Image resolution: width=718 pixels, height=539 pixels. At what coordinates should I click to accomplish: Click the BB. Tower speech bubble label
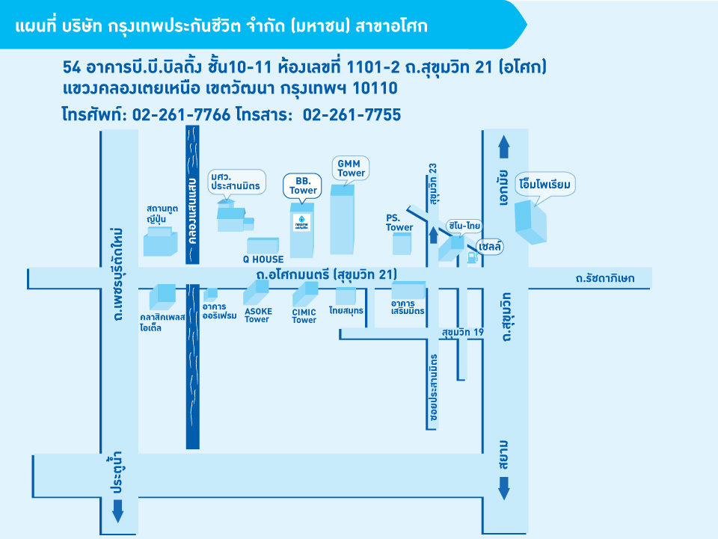click(302, 185)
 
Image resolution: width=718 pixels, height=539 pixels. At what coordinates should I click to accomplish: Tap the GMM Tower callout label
click(351, 168)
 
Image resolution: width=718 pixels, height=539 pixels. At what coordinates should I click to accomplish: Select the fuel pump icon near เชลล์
click(472, 258)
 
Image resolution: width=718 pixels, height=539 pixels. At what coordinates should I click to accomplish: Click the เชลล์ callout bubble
click(490, 247)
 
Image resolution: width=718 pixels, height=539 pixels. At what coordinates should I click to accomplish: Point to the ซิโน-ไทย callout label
click(464, 226)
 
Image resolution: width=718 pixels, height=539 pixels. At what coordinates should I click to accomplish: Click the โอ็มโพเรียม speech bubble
click(545, 185)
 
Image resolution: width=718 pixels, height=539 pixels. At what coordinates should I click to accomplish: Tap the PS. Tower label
click(399, 223)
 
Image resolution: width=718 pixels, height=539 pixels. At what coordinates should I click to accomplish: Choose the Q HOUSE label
click(263, 259)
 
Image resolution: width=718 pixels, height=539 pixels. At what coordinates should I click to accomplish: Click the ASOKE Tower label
click(258, 315)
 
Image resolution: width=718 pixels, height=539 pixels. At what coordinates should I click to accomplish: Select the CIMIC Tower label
click(304, 316)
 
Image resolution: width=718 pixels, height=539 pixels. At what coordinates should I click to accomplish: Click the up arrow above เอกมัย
click(503, 147)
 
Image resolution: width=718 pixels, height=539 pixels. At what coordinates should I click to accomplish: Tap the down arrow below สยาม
click(503, 488)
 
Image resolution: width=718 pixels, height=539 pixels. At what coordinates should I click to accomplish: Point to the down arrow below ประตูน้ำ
click(117, 511)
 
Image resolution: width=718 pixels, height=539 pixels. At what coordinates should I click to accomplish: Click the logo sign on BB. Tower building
click(301, 222)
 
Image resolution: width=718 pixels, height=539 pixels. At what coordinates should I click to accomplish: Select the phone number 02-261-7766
click(181, 114)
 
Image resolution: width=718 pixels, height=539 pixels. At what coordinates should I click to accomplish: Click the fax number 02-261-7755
click(352, 114)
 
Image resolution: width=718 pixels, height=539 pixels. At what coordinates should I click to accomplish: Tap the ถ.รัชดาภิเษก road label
click(605, 278)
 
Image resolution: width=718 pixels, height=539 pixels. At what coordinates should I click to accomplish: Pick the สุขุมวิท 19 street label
click(463, 332)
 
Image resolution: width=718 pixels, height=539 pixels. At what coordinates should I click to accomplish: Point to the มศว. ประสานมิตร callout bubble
click(236, 182)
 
